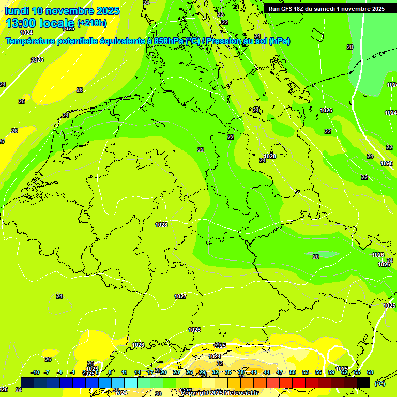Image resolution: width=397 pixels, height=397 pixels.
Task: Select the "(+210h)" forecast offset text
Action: pyautogui.click(x=92, y=23)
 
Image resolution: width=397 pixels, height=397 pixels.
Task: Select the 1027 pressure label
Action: pyautogui.click(x=180, y=296)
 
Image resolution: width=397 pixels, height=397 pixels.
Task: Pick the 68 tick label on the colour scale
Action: pyautogui.click(x=370, y=372)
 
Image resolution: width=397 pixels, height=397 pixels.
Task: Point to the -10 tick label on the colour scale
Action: pyautogui.click(x=35, y=372)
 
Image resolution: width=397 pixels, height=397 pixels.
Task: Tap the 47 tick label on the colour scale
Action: pyautogui.click(x=280, y=372)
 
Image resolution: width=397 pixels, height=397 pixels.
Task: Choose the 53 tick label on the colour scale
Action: pyautogui.click(x=306, y=372)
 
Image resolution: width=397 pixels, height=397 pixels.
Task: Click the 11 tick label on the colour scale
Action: pyautogui.click(x=125, y=372)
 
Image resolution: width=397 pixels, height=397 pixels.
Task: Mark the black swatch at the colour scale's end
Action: pyautogui.click(x=363, y=383)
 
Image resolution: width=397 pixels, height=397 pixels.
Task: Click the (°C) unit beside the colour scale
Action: pyautogui.click(x=380, y=383)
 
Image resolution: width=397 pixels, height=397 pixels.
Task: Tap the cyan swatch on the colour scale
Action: pyautogui.click(x=131, y=383)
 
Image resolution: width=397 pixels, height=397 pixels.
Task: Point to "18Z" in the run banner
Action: pyautogui.click(x=300, y=9)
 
